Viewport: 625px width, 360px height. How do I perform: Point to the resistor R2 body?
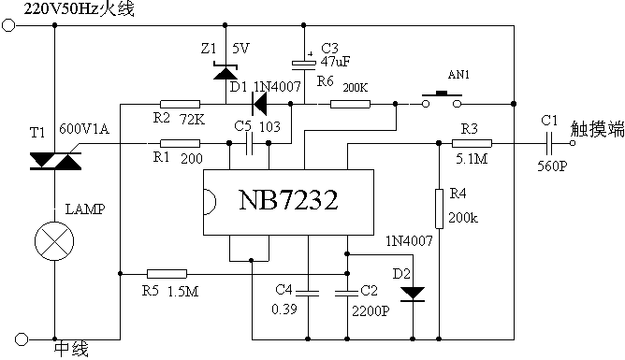click(x=179, y=105)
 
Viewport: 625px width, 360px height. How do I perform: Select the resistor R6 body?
click(x=350, y=105)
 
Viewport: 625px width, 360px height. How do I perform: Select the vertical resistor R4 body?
click(x=439, y=206)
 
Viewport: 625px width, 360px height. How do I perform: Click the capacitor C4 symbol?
click(x=309, y=293)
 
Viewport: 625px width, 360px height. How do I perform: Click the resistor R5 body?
click(x=167, y=273)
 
